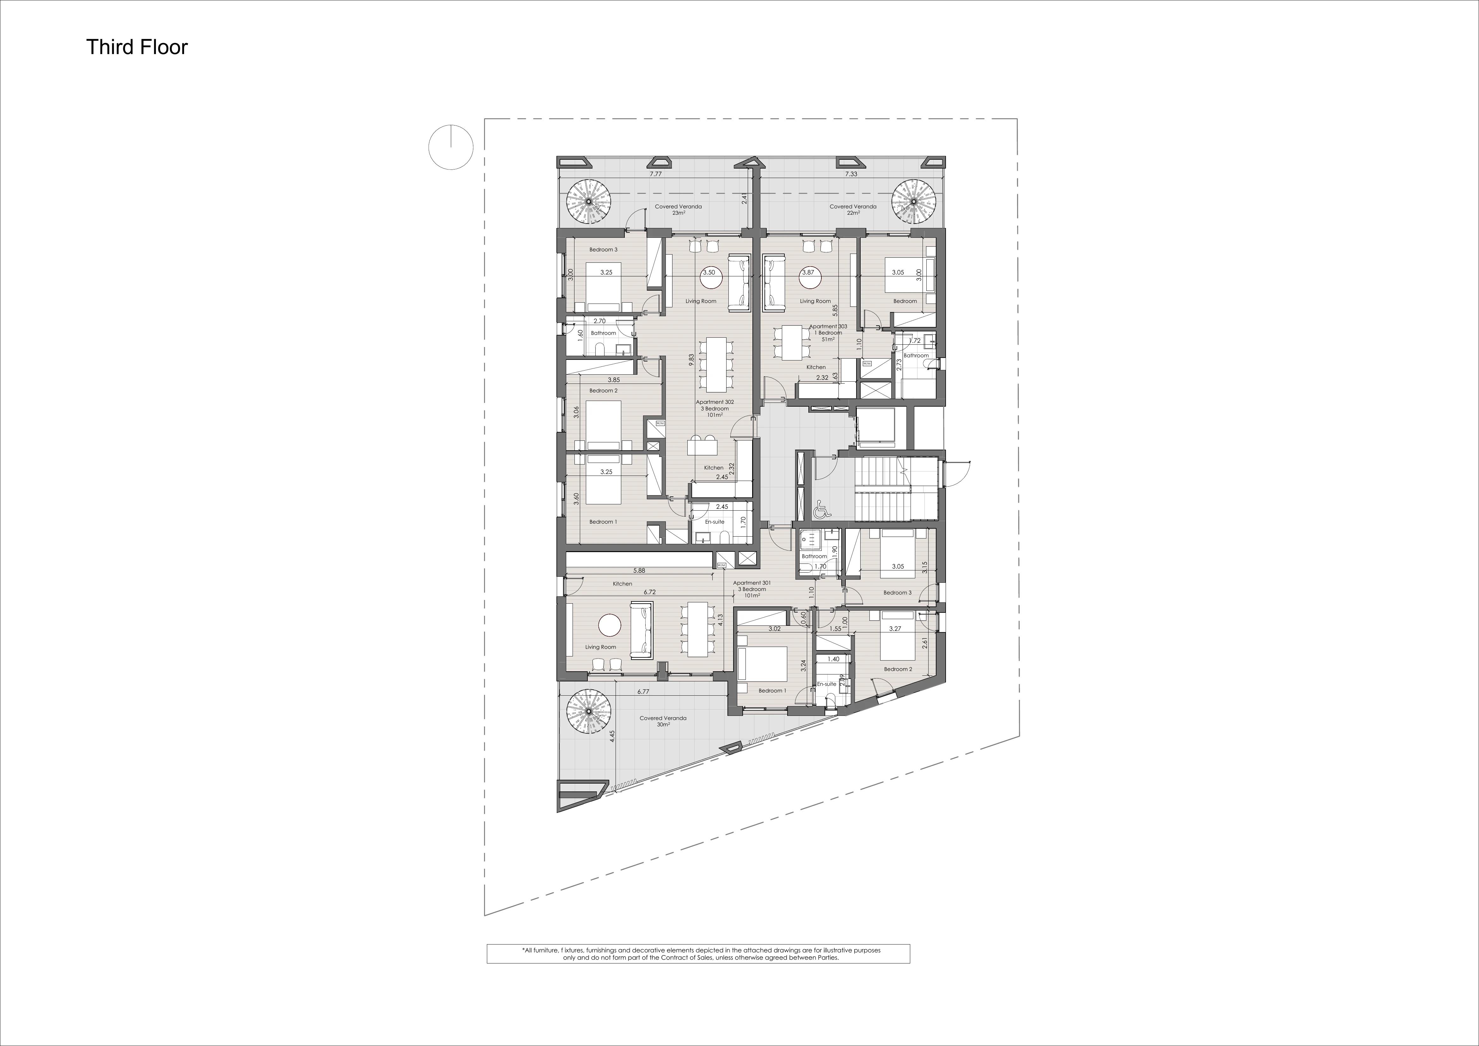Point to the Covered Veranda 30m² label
[663, 721]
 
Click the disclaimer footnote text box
[698, 954]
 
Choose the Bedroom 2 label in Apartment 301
[898, 669]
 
